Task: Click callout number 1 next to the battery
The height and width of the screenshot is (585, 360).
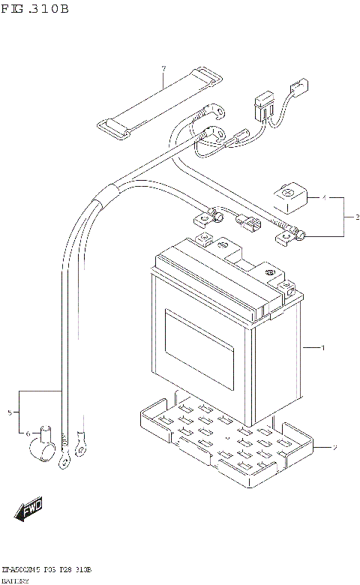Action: click(323, 348)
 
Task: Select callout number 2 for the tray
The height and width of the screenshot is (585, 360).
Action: click(335, 448)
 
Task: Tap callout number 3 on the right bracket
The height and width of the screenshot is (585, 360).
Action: click(348, 217)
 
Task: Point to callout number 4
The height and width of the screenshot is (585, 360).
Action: click(324, 199)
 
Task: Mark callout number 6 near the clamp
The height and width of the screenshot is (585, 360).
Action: click(28, 433)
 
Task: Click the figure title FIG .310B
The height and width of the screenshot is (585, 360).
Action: click(35, 10)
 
